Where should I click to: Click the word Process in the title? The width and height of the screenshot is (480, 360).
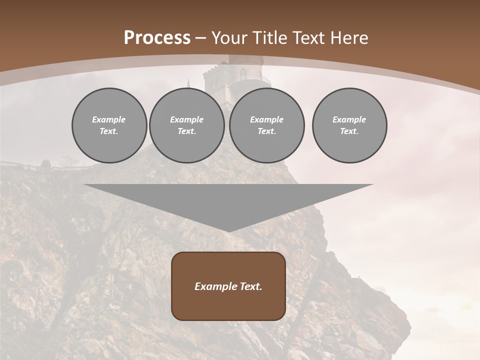click(157, 37)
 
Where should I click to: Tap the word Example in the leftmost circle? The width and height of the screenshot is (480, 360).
click(109, 119)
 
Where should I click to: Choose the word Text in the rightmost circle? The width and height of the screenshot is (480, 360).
click(349, 131)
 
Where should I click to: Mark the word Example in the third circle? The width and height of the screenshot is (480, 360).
click(267, 119)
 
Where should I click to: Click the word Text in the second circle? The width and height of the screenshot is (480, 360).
click(187, 131)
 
